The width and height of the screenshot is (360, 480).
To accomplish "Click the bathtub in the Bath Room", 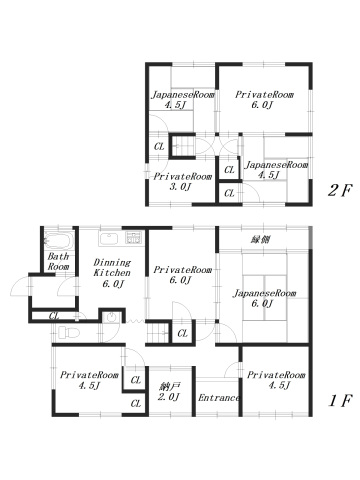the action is tap(59, 241).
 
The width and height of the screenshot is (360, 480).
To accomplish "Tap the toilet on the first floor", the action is tap(68, 332).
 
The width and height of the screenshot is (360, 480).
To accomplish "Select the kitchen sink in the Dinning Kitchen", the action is tap(109, 239).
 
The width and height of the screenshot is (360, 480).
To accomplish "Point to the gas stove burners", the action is tap(134, 237).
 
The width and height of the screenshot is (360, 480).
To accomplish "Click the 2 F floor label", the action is tap(340, 190).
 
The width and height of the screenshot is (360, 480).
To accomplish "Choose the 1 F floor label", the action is tap(340, 400).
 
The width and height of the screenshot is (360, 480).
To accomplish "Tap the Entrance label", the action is tap(219, 398).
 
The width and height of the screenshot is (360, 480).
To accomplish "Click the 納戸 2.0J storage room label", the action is tap(169, 392).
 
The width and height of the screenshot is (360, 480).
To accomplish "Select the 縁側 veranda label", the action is tap(260, 239).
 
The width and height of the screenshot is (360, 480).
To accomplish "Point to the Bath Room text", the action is tap(58, 261).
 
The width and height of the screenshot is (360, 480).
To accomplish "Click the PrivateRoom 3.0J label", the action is tap(182, 181).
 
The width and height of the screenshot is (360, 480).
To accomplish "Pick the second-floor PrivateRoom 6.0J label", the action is tap(264, 100).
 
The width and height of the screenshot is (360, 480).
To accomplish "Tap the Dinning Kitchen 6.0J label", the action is tap(112, 273).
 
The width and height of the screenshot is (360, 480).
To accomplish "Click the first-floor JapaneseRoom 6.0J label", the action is tap(264, 298).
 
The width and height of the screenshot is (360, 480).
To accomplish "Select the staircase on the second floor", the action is tap(183, 145).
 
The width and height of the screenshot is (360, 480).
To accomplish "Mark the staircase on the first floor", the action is tap(158, 333).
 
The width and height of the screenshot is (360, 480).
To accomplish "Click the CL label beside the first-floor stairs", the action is tap(182, 333).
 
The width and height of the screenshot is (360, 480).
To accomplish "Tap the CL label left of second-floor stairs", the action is tap(159, 146).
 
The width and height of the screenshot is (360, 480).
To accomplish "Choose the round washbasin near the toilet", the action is tap(111, 318).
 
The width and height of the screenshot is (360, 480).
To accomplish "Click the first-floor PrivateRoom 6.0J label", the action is tap(182, 275).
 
